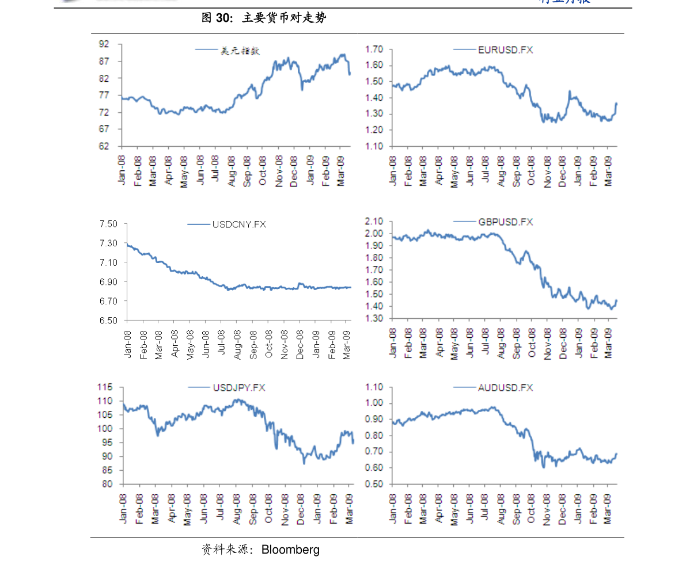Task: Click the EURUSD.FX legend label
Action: tap(505, 50)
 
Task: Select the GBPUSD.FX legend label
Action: tap(505, 222)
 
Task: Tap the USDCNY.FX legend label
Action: tap(239, 224)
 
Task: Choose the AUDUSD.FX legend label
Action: tap(505, 388)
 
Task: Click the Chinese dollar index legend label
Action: tap(241, 51)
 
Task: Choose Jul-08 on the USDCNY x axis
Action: tap(221, 344)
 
